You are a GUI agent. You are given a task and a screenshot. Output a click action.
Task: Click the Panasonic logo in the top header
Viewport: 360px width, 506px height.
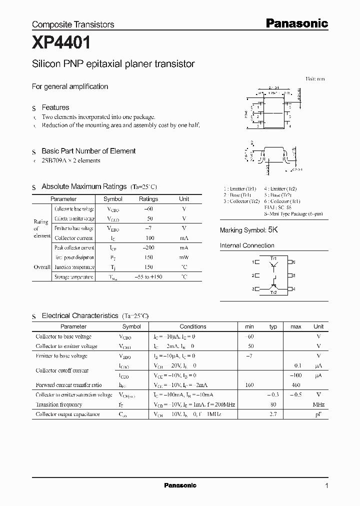click(x=296, y=23)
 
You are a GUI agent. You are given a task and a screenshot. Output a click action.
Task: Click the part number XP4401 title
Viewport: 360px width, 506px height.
click(x=61, y=43)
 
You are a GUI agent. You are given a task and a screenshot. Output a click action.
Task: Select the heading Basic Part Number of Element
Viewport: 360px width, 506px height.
click(x=88, y=151)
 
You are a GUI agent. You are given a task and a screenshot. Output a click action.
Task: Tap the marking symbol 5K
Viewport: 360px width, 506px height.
click(x=272, y=230)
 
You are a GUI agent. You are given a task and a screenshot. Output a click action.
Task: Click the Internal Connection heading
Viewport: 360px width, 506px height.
click(x=247, y=245)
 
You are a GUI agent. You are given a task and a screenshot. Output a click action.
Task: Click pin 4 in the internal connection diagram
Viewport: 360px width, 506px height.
click(x=294, y=289)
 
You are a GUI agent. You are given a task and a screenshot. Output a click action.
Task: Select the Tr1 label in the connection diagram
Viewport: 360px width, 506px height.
click(x=273, y=258)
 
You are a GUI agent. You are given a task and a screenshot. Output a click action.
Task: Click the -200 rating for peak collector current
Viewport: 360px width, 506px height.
click(x=148, y=248)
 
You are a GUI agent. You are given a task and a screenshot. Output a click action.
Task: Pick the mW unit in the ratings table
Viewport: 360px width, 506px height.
click(x=184, y=257)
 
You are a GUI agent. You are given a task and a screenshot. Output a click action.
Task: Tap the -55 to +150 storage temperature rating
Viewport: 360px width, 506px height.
click(x=148, y=277)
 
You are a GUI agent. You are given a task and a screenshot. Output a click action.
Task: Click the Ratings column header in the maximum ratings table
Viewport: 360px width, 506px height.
click(x=148, y=199)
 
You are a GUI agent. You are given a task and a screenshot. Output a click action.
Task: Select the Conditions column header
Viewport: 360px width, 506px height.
click(x=193, y=326)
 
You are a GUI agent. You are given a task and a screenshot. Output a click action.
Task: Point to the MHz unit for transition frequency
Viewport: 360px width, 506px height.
click(x=318, y=404)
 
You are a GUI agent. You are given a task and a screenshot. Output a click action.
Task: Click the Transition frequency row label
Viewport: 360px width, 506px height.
click(x=59, y=404)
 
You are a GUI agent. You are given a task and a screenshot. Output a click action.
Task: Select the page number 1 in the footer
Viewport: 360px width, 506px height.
click(x=326, y=486)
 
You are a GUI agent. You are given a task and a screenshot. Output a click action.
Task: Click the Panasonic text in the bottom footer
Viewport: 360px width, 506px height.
click(x=180, y=485)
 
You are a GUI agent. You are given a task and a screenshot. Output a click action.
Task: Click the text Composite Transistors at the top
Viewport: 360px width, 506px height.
click(x=73, y=24)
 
